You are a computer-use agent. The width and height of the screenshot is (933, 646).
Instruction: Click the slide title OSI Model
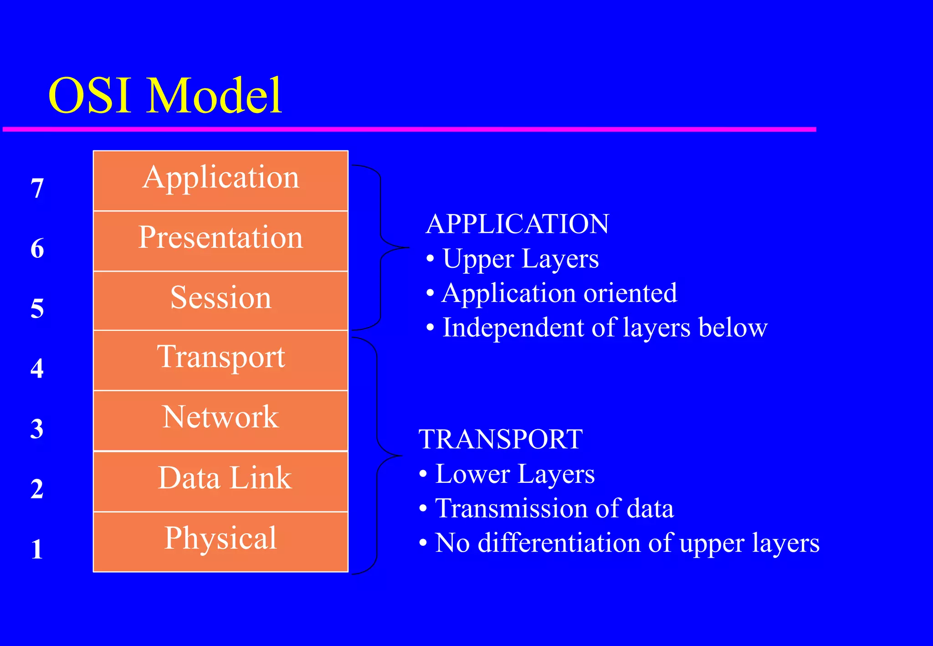tap(165, 96)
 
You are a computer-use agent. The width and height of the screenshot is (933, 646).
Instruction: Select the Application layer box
tap(220, 180)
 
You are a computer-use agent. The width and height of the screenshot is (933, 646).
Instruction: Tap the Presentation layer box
tap(220, 241)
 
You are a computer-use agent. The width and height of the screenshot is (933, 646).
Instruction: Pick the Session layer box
tap(220, 301)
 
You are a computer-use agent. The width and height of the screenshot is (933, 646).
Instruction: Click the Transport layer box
tap(220, 360)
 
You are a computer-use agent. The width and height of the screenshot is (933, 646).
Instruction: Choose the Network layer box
tap(220, 420)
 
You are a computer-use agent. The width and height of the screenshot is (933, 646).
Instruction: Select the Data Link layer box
tap(220, 481)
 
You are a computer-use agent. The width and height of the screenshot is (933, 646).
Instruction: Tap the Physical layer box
tap(220, 541)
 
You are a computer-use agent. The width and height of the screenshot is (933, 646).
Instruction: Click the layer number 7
tap(37, 188)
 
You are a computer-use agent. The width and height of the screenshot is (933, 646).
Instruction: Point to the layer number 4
tap(37, 368)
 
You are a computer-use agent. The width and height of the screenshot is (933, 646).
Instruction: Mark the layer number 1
tap(37, 549)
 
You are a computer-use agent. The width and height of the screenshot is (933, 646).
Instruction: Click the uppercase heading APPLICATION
tap(517, 224)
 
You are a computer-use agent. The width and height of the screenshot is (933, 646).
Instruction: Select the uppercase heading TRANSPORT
tap(500, 439)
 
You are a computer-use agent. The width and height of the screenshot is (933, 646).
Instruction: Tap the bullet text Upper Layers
tap(520, 259)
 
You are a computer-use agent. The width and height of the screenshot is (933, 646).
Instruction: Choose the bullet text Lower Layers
tap(515, 474)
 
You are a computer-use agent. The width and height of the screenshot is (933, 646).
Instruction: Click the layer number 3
tap(37, 428)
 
